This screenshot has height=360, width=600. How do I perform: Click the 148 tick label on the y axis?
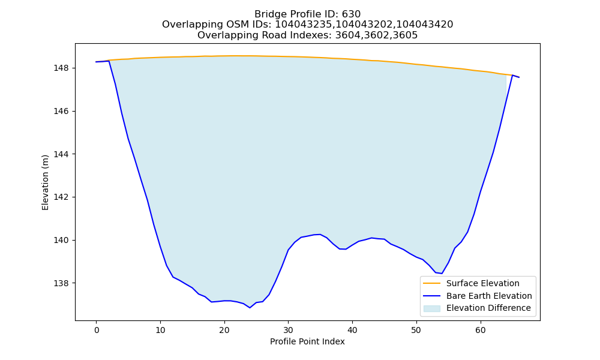(x=61, y=68)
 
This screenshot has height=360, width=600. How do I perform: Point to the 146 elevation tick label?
(x=61, y=112)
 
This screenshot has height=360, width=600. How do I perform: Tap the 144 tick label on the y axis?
(x=61, y=154)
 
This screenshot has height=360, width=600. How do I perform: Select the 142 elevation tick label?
(x=61, y=197)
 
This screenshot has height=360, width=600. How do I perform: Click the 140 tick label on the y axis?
(x=61, y=240)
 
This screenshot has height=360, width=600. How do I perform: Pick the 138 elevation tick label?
(x=61, y=283)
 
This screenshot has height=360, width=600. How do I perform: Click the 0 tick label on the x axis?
(x=97, y=330)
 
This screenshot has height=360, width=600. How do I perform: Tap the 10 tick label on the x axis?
(x=160, y=330)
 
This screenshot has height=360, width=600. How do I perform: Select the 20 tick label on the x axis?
(x=224, y=330)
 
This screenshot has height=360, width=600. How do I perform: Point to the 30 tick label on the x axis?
(x=289, y=330)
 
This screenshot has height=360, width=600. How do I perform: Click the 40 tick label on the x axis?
(x=352, y=330)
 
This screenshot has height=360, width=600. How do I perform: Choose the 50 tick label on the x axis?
(x=416, y=330)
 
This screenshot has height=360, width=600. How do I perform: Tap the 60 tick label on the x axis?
(x=481, y=330)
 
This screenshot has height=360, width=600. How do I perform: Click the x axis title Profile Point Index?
(x=307, y=341)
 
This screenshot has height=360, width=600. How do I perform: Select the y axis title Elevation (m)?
(x=45, y=182)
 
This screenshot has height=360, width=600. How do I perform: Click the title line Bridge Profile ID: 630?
(x=308, y=14)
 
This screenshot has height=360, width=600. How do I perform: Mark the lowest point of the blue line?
(x=250, y=308)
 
